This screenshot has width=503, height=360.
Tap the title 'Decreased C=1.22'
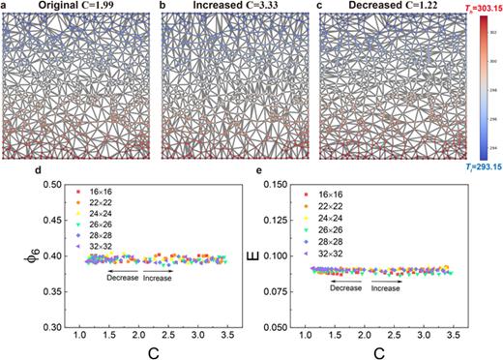(x=398, y=7)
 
